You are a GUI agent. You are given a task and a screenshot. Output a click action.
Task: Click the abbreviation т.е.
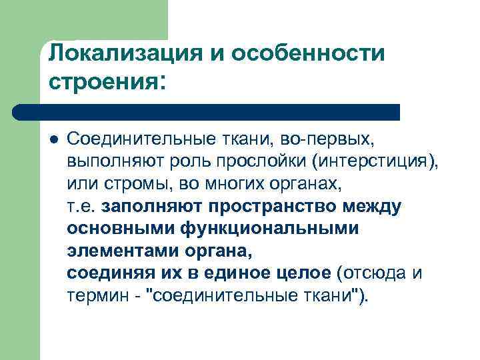(x=81, y=206)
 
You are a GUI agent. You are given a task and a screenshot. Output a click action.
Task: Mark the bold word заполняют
(x=151, y=206)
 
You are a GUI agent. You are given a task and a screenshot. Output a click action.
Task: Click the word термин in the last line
(x=97, y=296)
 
